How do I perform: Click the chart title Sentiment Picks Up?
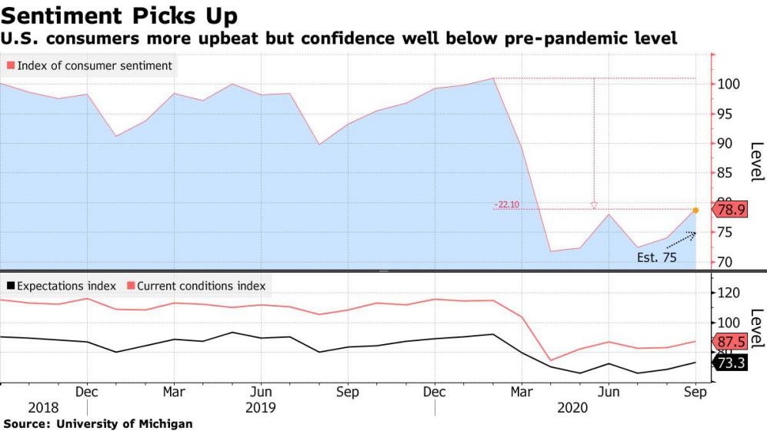(119, 15)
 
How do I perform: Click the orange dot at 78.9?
(695, 210)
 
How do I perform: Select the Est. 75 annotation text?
(657, 258)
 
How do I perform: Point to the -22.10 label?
(506, 204)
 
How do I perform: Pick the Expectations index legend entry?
(62, 286)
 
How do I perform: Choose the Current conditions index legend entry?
(196, 286)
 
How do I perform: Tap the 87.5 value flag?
(730, 342)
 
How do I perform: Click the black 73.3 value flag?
(730, 363)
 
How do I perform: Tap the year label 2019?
(261, 407)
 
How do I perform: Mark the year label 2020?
(572, 407)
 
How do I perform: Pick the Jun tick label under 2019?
(261, 391)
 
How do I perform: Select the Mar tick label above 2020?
(522, 391)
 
